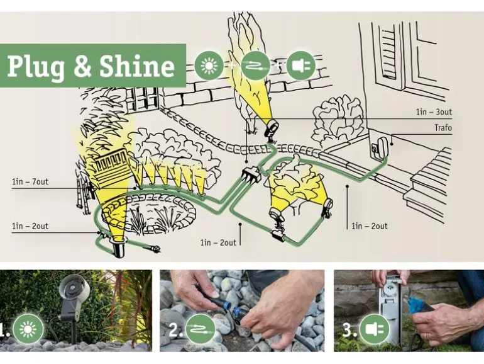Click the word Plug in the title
click(36, 67)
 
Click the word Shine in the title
click(137, 66)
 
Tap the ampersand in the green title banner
click(82, 66)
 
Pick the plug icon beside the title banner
click(300, 65)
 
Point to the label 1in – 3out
click(434, 112)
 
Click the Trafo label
click(443, 127)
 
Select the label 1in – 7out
click(30, 181)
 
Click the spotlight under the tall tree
click(272, 130)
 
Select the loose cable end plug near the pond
click(155, 247)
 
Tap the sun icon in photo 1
click(28, 328)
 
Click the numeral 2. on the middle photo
click(176, 329)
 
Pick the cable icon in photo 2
click(201, 329)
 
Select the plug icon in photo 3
click(375, 329)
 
